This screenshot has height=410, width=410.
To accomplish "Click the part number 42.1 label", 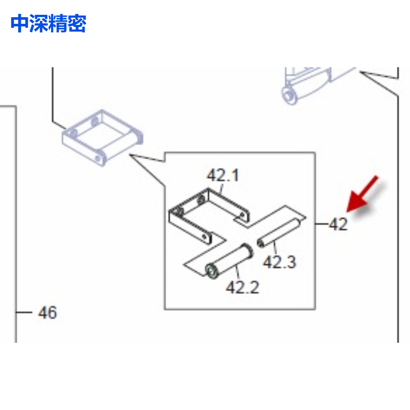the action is click(223, 175).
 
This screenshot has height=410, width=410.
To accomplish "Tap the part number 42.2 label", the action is click(242, 287).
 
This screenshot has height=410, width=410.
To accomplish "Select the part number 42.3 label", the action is click(280, 262).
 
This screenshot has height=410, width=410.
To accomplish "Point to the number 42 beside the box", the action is click(338, 224).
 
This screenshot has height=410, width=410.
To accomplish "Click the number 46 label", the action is click(47, 312).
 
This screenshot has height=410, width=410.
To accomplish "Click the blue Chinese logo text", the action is click(48, 23).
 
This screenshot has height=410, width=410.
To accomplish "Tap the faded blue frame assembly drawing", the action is click(102, 138).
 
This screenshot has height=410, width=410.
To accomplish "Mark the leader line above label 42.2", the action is click(237, 272).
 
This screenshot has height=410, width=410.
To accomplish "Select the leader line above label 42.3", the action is click(275, 248).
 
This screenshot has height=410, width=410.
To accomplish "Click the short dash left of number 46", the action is click(24, 312).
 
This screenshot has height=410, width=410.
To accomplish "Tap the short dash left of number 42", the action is click(321, 224).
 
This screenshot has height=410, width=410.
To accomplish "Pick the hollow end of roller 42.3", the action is click(260, 243).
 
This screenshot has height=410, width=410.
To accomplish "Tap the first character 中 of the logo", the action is click(20, 23).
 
